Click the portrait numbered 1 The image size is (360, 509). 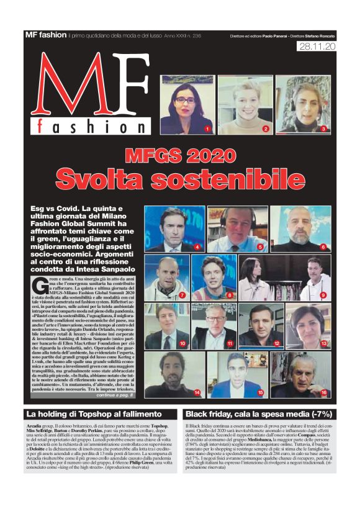point(186,104)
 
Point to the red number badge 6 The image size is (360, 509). point(323,247)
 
